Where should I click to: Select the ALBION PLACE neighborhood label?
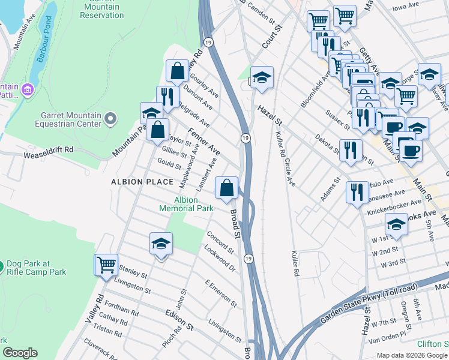pyautogui.click(x=142, y=182)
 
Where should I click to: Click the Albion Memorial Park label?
pyautogui.click(x=186, y=204)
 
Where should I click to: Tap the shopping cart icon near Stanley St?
pyautogui.click(x=106, y=265)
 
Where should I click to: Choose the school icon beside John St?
pyautogui.click(x=160, y=243)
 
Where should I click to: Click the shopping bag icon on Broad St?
pyautogui.click(x=226, y=188)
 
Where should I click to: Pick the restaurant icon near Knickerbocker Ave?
pyautogui.click(x=357, y=193)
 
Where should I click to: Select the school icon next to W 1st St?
pyautogui.click(x=396, y=225)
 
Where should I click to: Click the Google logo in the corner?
pyautogui.click(x=20, y=353)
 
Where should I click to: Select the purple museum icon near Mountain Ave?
pyautogui.click(x=26, y=90)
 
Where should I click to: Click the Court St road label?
pyautogui.click(x=272, y=37)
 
